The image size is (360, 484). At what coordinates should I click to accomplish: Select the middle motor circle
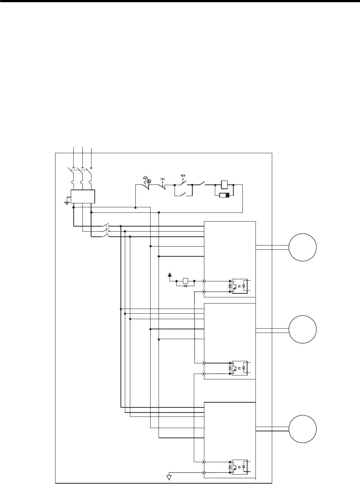303,330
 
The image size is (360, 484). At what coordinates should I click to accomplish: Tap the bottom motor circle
303,429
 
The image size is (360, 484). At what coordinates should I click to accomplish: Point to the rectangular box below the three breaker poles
83,196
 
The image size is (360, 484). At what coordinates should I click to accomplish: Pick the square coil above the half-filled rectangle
224,185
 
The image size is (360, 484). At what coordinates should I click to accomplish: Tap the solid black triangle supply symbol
170,274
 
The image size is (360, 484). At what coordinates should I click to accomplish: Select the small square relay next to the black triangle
185,281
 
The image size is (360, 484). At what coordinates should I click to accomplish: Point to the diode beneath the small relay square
185,286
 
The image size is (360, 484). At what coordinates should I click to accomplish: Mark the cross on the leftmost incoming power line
74,168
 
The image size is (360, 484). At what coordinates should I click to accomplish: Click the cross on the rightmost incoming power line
91,168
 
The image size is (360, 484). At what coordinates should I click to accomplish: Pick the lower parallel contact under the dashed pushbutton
183,195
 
